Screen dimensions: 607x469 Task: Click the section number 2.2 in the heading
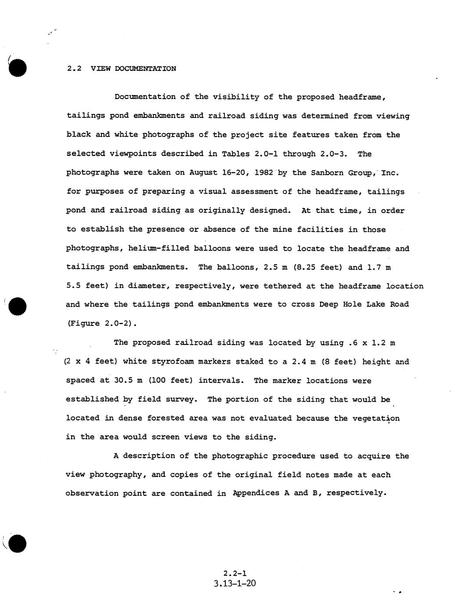coord(74,69)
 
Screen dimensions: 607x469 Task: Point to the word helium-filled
coord(159,249)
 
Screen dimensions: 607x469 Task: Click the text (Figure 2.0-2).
coord(102,323)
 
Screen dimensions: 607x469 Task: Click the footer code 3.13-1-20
coord(234,584)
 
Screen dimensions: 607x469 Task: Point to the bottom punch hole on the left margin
coord(18,544)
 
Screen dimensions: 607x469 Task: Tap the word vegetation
coord(376,418)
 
